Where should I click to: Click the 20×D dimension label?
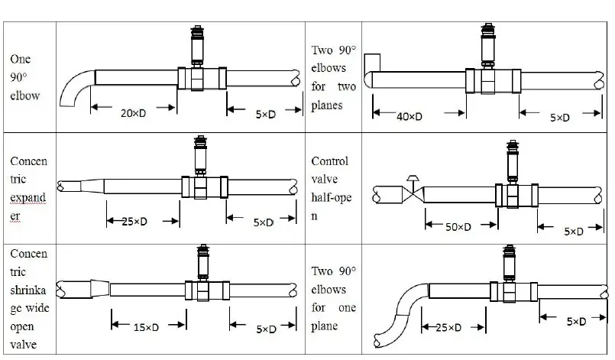click(x=135, y=114)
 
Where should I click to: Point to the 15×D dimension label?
click(x=146, y=328)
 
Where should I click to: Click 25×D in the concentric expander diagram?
click(x=140, y=222)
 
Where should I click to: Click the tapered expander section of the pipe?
click(x=91, y=186)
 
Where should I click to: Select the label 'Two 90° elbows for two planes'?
click(x=333, y=78)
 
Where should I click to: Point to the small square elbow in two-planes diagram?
click(x=372, y=62)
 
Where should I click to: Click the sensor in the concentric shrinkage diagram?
click(x=203, y=264)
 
